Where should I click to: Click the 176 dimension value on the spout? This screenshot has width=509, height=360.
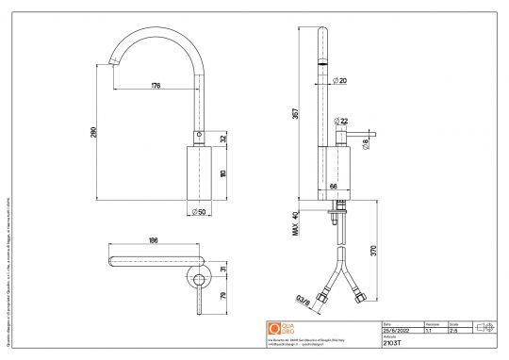(x=156, y=86)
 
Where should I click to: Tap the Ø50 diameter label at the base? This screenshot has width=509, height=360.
(x=199, y=212)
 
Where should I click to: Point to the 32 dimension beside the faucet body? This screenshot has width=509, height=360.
(x=222, y=139)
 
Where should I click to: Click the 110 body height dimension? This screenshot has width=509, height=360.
(x=222, y=174)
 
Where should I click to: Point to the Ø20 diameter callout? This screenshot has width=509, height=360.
(x=339, y=81)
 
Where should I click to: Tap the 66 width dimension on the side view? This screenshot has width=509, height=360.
(x=333, y=187)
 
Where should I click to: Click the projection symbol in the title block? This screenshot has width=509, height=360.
(x=487, y=327)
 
